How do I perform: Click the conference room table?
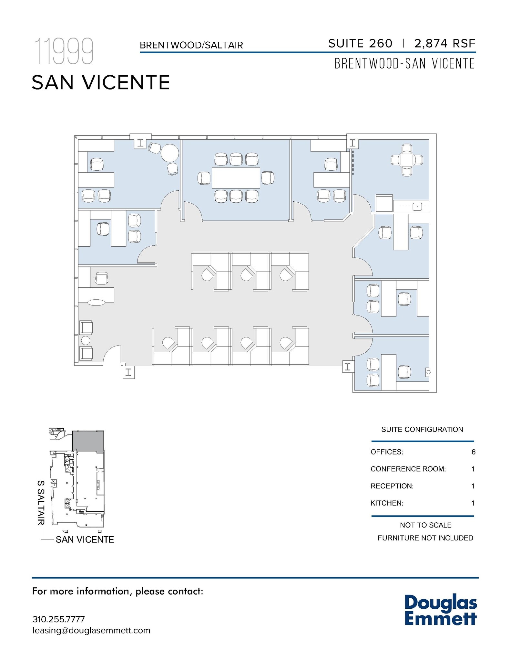(236, 177)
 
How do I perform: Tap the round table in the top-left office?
(170, 153)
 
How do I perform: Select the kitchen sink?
(417, 206)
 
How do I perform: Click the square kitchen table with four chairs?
(407, 160)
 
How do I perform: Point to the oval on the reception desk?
(96, 303)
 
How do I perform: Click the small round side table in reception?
(86, 340)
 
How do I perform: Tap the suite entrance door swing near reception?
(111, 354)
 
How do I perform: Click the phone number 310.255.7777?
(58, 619)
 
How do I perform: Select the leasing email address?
(91, 631)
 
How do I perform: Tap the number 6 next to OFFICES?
(473, 452)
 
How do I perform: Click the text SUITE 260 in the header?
(360, 43)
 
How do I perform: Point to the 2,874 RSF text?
(445, 43)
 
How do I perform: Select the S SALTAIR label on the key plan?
(41, 503)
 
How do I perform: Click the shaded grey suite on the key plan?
(88, 441)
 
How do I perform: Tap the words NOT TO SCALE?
(425, 525)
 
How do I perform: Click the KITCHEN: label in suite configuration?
(387, 503)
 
